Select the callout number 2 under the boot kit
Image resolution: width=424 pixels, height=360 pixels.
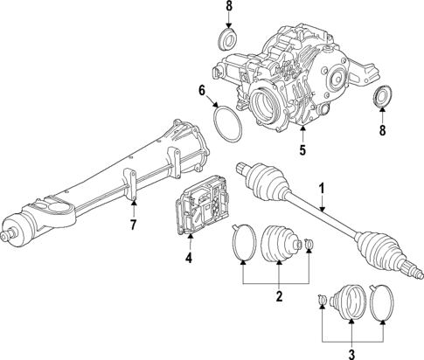coord(279,297)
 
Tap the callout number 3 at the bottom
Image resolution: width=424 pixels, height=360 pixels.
coord(352,354)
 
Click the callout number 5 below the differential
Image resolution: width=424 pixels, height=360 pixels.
coord(302,149)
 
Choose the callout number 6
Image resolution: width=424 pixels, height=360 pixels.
coord(201,91)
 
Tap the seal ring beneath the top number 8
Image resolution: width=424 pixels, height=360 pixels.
coord(226,40)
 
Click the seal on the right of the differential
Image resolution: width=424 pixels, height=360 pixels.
coord(382,98)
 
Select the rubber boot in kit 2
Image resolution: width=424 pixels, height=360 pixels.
coord(282,242)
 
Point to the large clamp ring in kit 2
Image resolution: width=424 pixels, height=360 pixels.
coord(244,243)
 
